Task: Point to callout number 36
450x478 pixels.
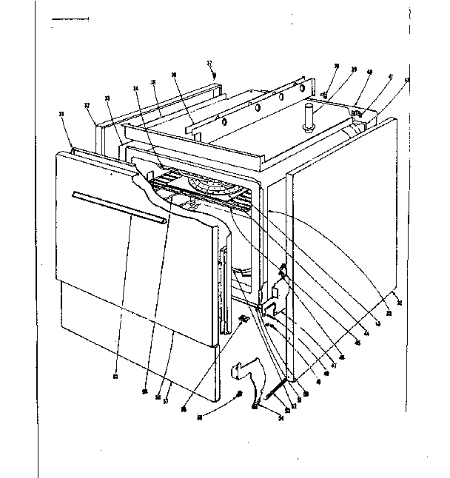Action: pos(174,75)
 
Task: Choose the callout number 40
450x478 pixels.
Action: pos(369,73)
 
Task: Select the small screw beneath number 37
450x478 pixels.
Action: pos(213,75)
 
